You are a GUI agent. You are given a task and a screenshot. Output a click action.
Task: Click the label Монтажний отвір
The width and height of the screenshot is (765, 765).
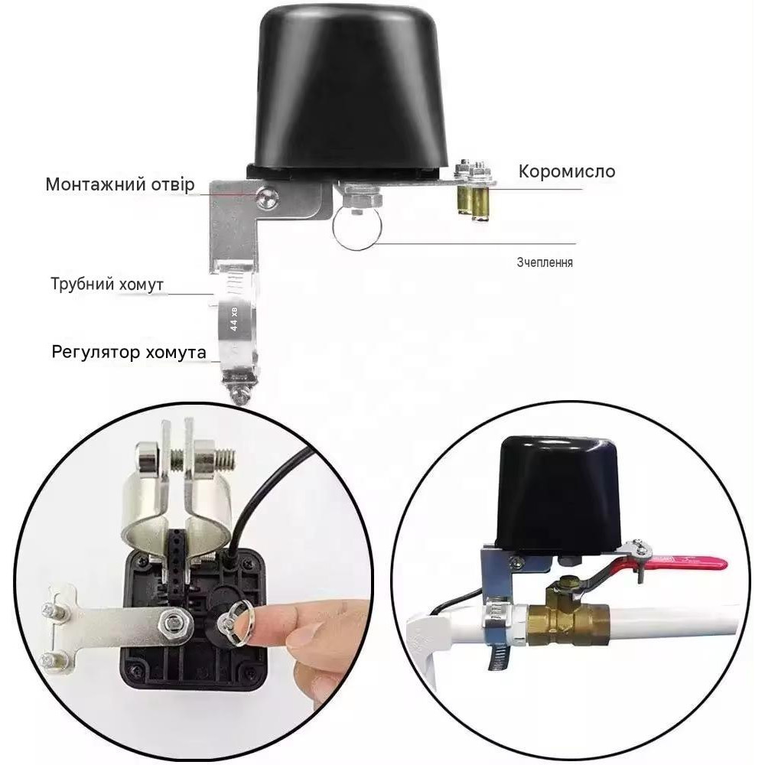coord(120,184)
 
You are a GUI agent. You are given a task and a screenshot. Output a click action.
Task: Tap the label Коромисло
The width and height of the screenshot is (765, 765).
coord(566,171)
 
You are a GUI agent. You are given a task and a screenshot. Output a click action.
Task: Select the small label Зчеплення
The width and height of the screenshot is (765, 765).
coord(545,262)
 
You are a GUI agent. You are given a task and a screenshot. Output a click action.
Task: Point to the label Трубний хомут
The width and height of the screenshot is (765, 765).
coord(107,284)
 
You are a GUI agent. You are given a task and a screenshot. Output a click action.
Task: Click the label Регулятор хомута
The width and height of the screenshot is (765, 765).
coord(129,352)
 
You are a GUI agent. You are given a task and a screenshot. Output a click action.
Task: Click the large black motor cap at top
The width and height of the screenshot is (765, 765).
coord(350,88)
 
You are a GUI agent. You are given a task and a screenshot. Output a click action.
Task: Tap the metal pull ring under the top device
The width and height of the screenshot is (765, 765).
coord(357,229)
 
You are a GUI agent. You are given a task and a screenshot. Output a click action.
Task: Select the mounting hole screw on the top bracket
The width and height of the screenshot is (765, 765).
coord(267,198)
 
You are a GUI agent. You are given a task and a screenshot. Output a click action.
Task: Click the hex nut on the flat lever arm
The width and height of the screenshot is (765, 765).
coord(172,621)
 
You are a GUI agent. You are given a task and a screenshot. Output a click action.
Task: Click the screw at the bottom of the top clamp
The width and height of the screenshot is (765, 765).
coord(241,394)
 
